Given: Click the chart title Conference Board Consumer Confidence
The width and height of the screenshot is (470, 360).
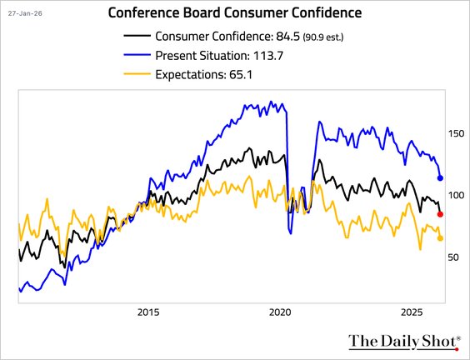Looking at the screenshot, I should point(236,13).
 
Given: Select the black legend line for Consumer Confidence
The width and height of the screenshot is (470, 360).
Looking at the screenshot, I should point(137,36).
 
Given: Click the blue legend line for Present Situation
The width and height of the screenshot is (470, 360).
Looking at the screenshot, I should point(137,55).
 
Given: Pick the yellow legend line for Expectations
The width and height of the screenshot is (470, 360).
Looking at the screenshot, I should point(137,74).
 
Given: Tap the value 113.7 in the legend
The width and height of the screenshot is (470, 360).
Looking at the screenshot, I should point(272,55).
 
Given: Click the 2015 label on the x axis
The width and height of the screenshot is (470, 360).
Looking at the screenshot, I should point(148,312).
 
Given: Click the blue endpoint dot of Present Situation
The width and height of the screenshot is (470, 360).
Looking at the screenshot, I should point(441,178).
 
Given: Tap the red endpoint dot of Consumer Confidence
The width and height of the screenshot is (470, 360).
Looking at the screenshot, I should point(441,214).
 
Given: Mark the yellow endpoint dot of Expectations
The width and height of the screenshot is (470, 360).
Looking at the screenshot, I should point(441,238).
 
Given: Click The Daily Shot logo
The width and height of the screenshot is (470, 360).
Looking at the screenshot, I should point(403,340).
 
